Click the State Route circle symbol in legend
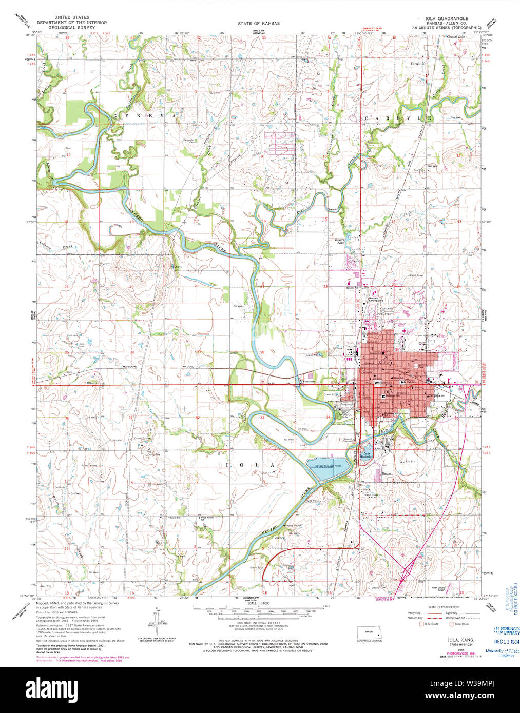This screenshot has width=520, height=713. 452,624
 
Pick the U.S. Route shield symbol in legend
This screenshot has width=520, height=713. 422,624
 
